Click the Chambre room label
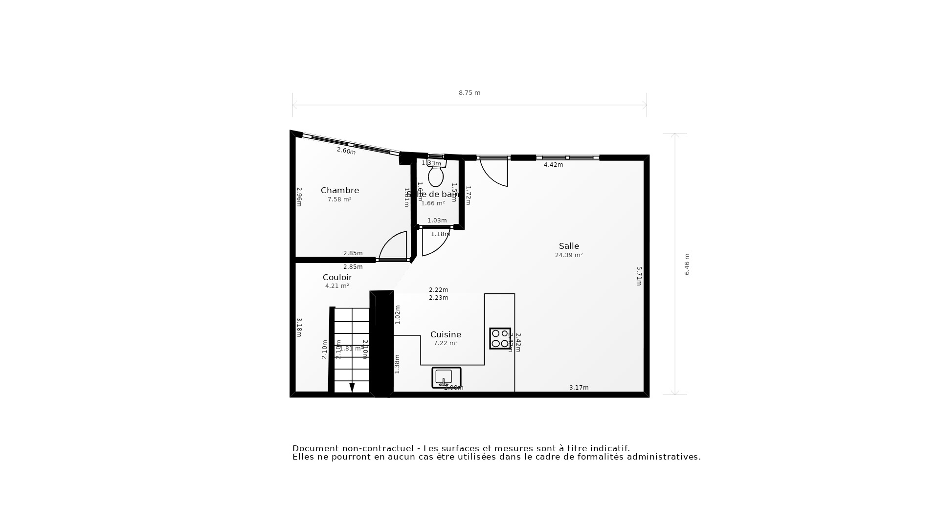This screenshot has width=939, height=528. pyautogui.click(x=339, y=191)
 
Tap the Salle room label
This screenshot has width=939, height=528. pyautogui.click(x=569, y=246)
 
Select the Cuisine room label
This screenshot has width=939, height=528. pyautogui.click(x=446, y=335)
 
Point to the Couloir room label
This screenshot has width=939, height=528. pyautogui.click(x=337, y=278)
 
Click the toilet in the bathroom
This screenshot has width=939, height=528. pyautogui.click(x=436, y=176)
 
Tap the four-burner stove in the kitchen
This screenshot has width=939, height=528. pyautogui.click(x=500, y=338)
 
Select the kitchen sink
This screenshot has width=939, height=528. pyautogui.click(x=446, y=377)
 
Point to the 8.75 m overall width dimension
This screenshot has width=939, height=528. pyautogui.click(x=469, y=93)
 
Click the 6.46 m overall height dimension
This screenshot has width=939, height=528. pyautogui.click(x=687, y=264)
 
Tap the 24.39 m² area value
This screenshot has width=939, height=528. pyautogui.click(x=569, y=255)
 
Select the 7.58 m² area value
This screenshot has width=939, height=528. pyautogui.click(x=339, y=199)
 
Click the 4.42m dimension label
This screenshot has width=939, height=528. pyautogui.click(x=553, y=165)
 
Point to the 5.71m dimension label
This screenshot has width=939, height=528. pyautogui.click(x=639, y=276)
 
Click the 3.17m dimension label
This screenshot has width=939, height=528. pyautogui.click(x=579, y=388)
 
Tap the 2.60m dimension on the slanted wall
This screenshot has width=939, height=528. pyautogui.click(x=346, y=151)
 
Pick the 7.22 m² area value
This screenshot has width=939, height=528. pyautogui.click(x=446, y=344)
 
